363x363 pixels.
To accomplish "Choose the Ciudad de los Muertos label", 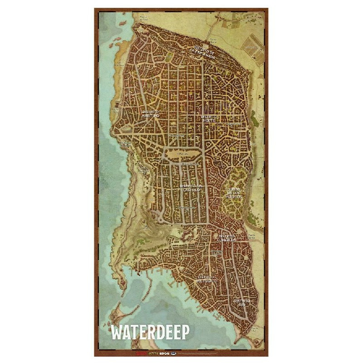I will pos(235,193).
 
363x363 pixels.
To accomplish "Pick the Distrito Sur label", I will pos(241,302).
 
